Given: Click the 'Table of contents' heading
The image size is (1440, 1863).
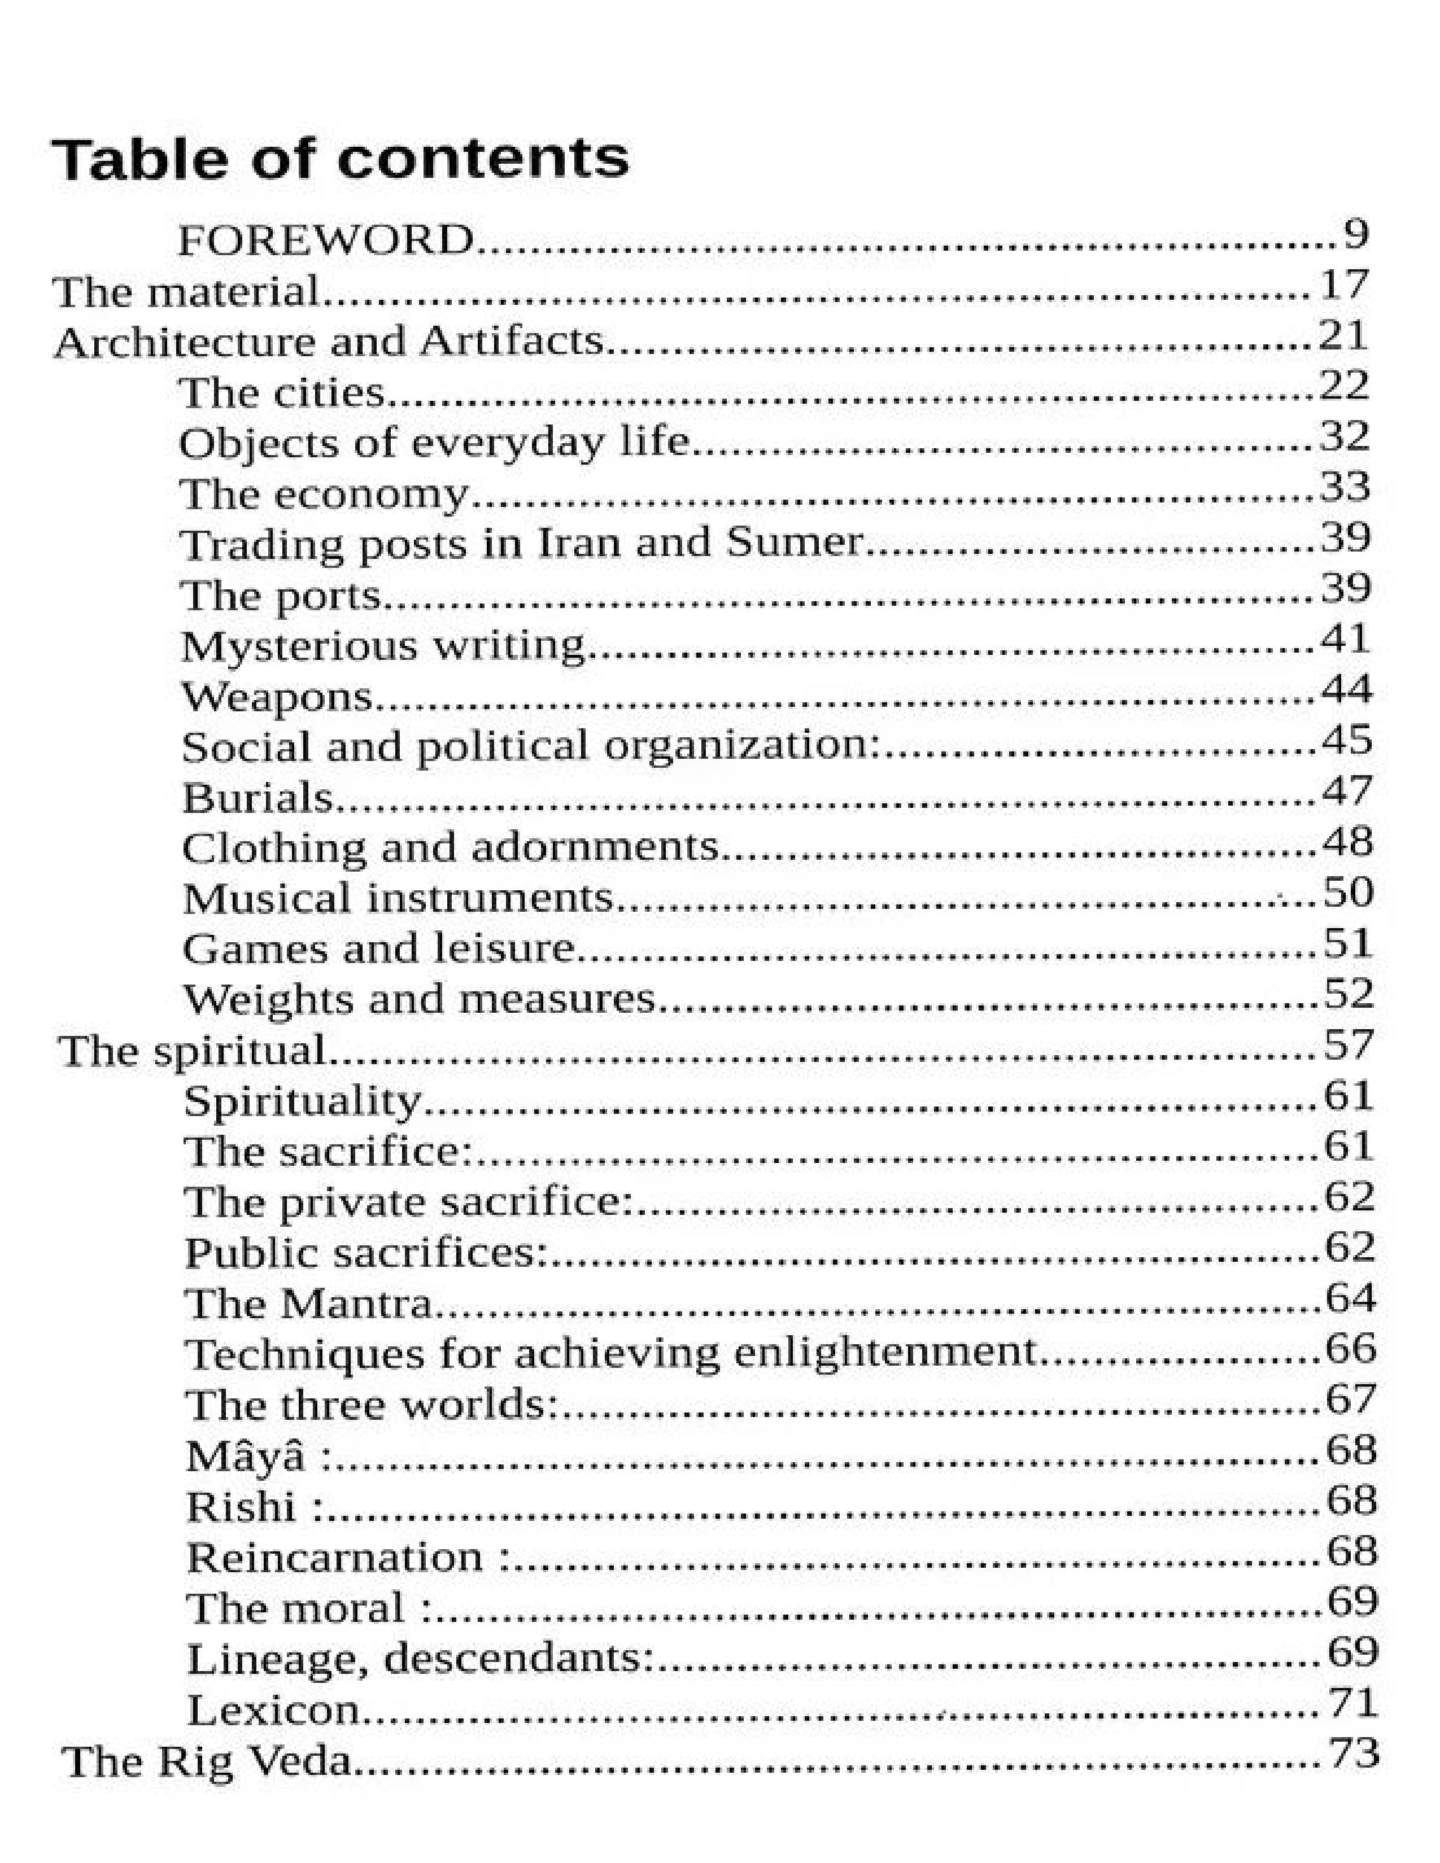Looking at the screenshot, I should (339, 160).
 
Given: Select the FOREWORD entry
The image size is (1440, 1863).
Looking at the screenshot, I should (325, 240).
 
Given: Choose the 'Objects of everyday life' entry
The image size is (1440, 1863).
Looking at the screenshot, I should (433, 443).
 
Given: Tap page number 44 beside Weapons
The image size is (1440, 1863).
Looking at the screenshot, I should (1347, 689).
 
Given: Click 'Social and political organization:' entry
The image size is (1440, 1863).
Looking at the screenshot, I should (530, 746).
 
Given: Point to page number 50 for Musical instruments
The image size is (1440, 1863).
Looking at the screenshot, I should (1348, 892).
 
